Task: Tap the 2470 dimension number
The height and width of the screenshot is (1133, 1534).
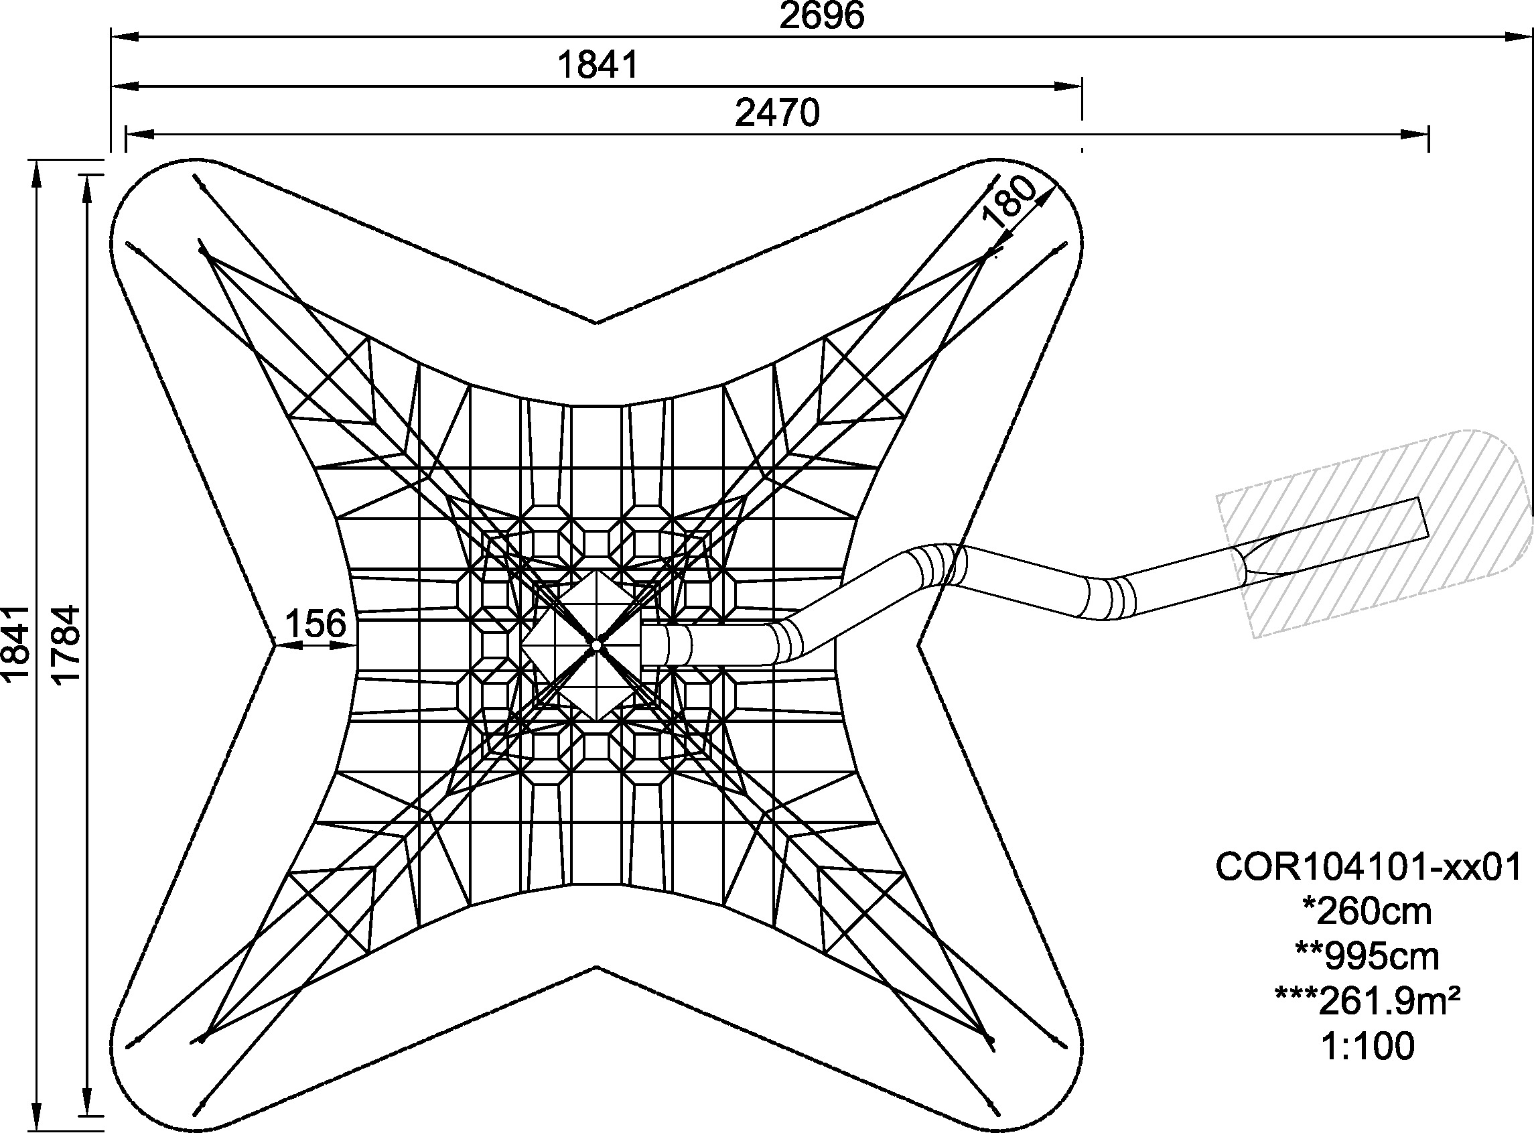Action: (777, 113)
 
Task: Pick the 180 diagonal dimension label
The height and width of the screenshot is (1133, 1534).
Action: (1007, 202)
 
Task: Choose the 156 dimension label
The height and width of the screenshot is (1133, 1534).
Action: (316, 624)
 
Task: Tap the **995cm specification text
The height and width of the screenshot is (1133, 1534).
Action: (1367, 957)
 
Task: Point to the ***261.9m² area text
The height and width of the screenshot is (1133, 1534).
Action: (1367, 1001)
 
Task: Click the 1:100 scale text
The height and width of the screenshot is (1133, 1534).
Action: (1367, 1047)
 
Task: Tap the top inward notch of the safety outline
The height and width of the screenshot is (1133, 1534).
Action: (597, 322)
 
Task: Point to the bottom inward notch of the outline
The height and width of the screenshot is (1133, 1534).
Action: (597, 968)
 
